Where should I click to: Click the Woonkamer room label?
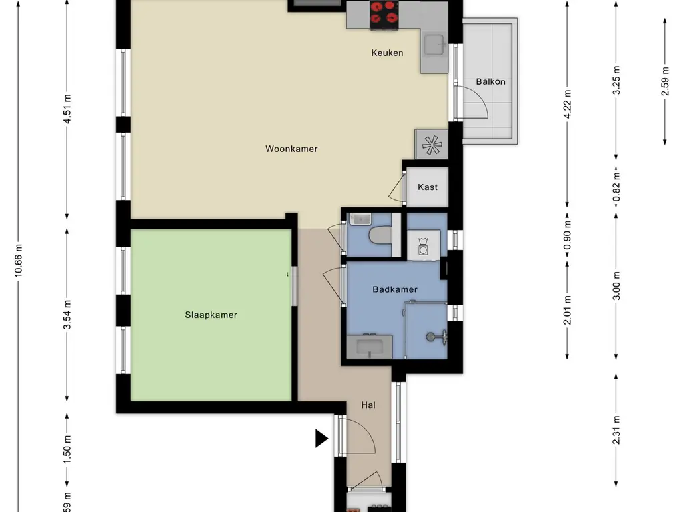click(x=291, y=149)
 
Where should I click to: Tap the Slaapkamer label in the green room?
click(x=211, y=315)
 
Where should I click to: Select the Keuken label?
click(x=388, y=53)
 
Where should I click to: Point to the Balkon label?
click(x=490, y=82)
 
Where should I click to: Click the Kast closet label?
click(x=428, y=187)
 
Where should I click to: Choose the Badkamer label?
click(x=395, y=289)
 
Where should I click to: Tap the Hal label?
click(x=368, y=405)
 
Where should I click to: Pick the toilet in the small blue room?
click(x=380, y=235)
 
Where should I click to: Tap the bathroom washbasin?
click(x=370, y=347)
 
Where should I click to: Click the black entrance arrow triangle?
click(x=321, y=439)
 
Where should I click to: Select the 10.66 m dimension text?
click(x=18, y=260)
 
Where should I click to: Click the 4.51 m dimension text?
click(x=67, y=109)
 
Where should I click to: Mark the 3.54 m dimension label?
click(x=67, y=315)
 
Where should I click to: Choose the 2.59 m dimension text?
click(x=665, y=81)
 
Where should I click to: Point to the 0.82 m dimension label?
click(x=616, y=187)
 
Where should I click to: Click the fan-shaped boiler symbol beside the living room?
click(x=432, y=145)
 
